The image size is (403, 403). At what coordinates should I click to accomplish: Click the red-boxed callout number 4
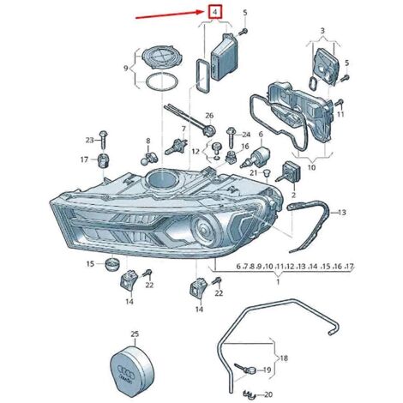(215, 12)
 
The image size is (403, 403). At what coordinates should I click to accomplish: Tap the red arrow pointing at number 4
(170, 15)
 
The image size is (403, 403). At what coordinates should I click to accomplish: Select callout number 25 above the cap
(135, 334)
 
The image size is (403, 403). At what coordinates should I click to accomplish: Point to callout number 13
(341, 213)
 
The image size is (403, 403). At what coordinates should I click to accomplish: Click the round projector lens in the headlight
(206, 228)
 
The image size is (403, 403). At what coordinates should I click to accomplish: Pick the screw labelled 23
(103, 139)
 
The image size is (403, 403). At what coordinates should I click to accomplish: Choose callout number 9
(126, 68)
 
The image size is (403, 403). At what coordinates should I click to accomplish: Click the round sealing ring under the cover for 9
(162, 82)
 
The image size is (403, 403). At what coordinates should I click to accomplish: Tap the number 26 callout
(209, 116)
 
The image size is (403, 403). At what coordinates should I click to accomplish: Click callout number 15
(90, 263)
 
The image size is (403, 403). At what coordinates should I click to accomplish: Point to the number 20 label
(268, 394)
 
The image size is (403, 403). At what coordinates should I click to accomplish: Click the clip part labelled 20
(249, 394)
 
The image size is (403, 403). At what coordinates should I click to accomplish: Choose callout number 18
(284, 358)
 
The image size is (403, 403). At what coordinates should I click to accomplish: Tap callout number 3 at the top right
(322, 31)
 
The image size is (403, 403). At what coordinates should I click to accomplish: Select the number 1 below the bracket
(278, 282)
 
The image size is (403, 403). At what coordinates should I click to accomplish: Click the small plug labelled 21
(267, 172)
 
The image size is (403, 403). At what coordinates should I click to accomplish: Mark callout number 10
(311, 167)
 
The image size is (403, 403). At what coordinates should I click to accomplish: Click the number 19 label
(267, 370)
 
